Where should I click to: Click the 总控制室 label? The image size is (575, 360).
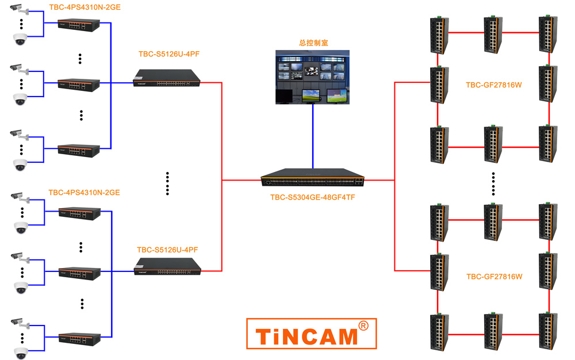pyautogui.click(x=313, y=43)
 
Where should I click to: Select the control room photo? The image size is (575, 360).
pyautogui.click(x=312, y=77)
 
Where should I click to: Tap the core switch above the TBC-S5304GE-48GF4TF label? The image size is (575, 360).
pyautogui.click(x=312, y=178)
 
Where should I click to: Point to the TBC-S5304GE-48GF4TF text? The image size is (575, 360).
pyautogui.click(x=312, y=197)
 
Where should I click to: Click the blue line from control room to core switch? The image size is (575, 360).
pyautogui.click(x=313, y=136)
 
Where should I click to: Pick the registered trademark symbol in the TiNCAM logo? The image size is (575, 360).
pyautogui.click(x=363, y=326)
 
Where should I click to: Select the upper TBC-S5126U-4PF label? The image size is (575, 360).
pyautogui.click(x=169, y=54)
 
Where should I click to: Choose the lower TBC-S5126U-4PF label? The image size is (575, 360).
pyautogui.click(x=167, y=250)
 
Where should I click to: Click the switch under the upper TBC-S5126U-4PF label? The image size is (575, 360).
pyautogui.click(x=167, y=78)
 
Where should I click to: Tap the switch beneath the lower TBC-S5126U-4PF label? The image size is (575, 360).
pyautogui.click(x=167, y=266)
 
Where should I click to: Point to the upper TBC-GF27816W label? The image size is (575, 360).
pyautogui.click(x=493, y=85)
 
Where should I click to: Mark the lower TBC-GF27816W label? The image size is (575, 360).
pyautogui.click(x=494, y=277)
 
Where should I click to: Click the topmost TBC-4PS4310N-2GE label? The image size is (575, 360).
pyautogui.click(x=85, y=7)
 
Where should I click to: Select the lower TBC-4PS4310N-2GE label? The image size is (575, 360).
pyautogui.click(x=84, y=193)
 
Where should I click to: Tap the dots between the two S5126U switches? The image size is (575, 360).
pyautogui.click(x=167, y=183)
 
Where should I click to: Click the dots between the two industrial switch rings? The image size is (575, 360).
pyautogui.click(x=493, y=183)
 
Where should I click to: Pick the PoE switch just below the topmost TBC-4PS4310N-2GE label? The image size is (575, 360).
pyautogui.click(x=78, y=25)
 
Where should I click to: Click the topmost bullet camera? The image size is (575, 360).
pyautogui.click(x=19, y=9)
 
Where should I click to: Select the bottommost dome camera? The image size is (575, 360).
pyautogui.click(x=21, y=353)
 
